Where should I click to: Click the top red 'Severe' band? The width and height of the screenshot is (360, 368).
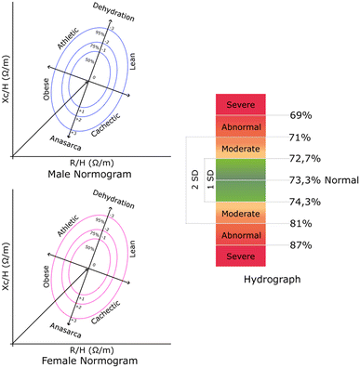[241, 104]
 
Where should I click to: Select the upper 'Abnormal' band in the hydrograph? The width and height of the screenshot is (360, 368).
[241, 125]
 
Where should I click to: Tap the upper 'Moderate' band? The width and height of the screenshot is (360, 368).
[241, 147]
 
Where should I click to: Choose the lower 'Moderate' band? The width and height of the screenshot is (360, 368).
[241, 214]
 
